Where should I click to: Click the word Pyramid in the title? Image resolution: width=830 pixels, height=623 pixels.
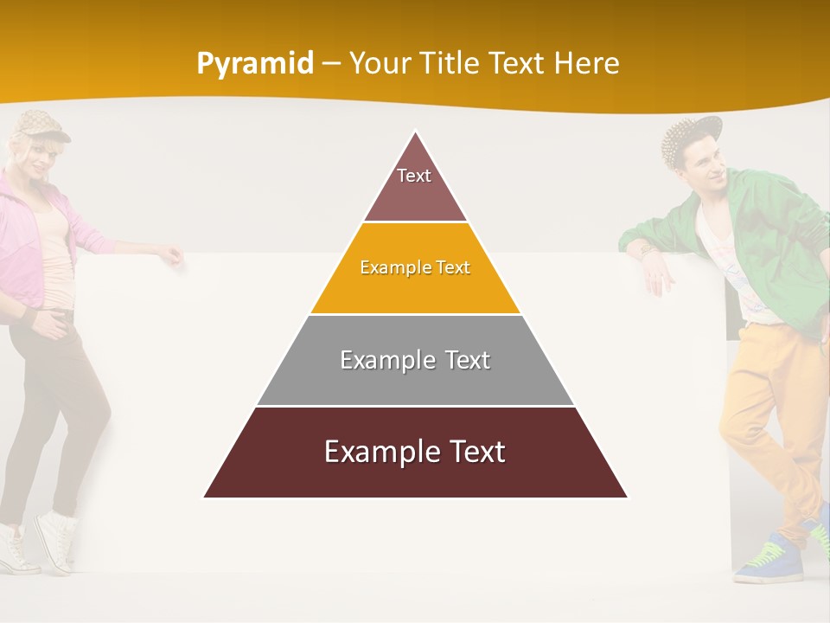[254, 64]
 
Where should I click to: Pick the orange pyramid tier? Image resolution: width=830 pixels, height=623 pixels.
[415, 268]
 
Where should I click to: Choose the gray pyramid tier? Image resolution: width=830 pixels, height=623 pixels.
[415, 360]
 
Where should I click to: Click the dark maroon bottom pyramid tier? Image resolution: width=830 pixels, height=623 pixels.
[415, 453]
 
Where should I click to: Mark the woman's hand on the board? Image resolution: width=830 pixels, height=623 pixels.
[173, 254]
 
